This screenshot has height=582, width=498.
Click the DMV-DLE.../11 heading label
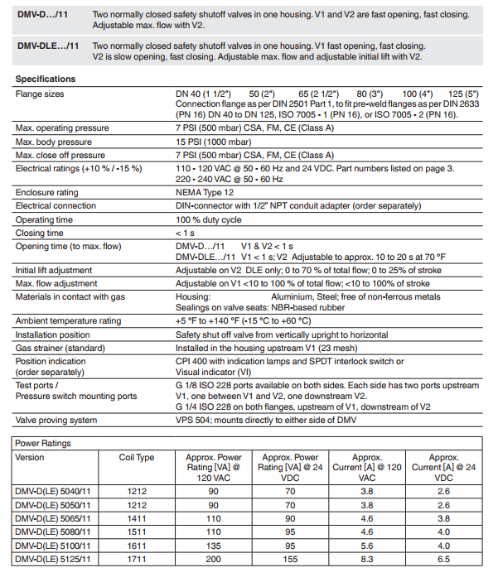coord(48,46)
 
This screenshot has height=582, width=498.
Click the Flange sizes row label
coord(41,94)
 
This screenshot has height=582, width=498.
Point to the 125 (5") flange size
coord(462,94)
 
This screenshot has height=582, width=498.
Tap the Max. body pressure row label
coord(54,142)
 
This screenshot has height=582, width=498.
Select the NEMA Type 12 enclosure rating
coord(208,192)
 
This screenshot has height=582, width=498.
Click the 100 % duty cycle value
coord(210,220)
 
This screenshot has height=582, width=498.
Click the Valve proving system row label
coord(57,421)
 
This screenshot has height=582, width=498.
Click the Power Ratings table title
coord(43,443)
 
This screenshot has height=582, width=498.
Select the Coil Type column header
coord(137,457)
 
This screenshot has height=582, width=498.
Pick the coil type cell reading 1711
coord(137,560)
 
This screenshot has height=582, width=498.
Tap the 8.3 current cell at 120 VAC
coord(366,560)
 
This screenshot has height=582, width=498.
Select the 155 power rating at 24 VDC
coord(290,560)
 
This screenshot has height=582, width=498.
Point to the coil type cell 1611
coord(137,546)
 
